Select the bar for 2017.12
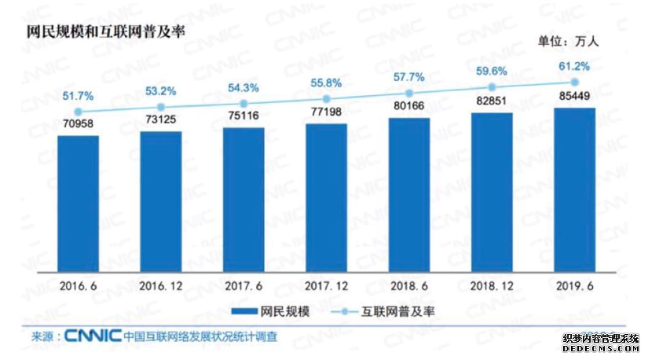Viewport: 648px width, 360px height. (x=327, y=197)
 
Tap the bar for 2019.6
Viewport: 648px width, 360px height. (x=574, y=189)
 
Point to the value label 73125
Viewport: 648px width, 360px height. (x=161, y=123)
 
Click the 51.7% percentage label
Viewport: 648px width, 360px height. (x=79, y=96)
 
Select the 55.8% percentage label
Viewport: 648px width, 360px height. (x=327, y=82)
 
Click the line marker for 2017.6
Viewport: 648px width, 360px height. (x=243, y=103)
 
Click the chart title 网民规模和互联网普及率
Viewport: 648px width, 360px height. (x=97, y=35)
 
